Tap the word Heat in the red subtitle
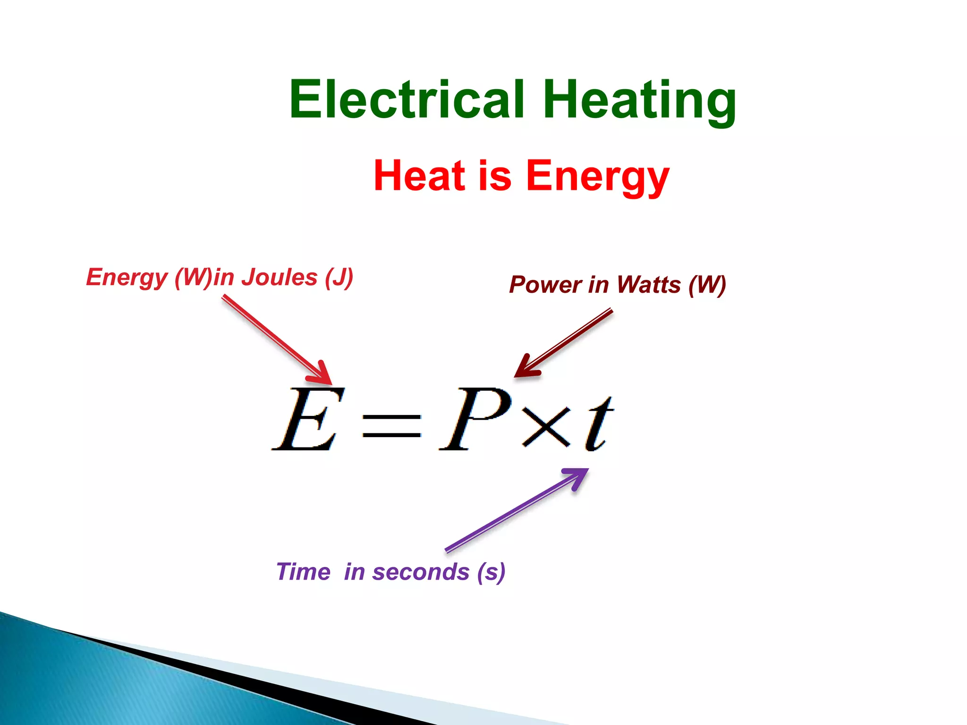418,176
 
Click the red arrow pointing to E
276,338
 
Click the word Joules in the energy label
280,277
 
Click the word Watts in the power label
649,285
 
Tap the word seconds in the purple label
421,572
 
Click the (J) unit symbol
339,278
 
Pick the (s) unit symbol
491,572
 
